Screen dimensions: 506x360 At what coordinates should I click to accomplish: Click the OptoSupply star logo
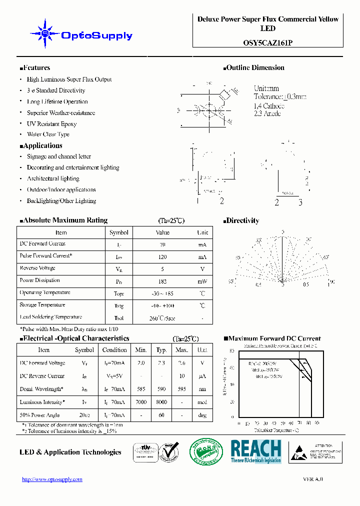(x=45, y=34)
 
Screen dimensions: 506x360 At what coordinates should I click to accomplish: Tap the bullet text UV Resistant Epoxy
(x=51, y=123)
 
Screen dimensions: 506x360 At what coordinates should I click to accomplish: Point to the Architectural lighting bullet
(x=53, y=178)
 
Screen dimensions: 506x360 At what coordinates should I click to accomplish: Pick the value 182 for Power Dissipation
(x=162, y=281)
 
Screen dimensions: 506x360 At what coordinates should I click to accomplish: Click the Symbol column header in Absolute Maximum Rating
(x=119, y=232)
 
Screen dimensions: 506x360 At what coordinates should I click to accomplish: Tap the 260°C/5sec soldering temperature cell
(x=162, y=318)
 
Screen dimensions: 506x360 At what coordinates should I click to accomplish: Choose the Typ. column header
(x=161, y=350)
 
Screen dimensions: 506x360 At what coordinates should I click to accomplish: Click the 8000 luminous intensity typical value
(x=161, y=402)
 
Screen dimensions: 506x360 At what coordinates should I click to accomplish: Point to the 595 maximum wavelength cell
(x=182, y=389)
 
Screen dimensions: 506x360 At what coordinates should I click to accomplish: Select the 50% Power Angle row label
(x=39, y=415)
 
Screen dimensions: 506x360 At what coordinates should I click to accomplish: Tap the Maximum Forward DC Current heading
(x=272, y=338)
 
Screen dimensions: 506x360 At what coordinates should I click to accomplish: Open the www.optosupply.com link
(x=52, y=479)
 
